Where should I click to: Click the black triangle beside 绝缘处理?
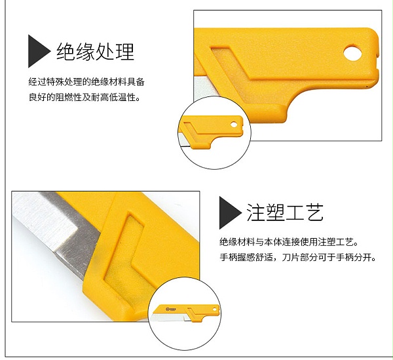coord(37,51)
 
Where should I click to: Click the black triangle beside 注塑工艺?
coord(229,212)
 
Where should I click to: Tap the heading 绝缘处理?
coord(96,51)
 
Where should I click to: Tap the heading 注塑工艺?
coord(285,212)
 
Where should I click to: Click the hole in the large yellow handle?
coord(352,52)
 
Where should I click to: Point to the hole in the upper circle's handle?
coord(234,125)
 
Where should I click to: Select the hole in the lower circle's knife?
coord(214,310)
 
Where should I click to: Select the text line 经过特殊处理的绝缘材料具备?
coord(86,82)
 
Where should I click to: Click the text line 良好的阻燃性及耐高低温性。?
coord(84,97)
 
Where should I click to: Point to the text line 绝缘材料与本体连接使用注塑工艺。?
coord(289,242)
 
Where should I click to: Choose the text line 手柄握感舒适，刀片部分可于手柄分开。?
coord(298,257)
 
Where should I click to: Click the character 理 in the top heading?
coord(125,51)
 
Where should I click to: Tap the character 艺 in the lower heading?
coord(314,212)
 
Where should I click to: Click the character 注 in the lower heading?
coord(255,212)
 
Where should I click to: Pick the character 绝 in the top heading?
coord(65,51)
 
